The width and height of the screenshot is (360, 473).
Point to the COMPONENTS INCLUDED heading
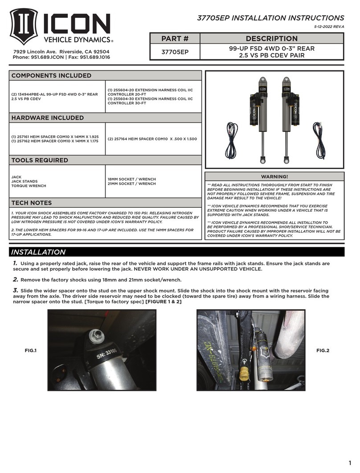51,76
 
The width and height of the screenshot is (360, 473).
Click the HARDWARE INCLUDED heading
47,118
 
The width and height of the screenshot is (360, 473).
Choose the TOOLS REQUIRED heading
40,160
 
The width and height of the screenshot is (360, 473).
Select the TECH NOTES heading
31,203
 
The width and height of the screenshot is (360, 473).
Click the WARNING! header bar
274,177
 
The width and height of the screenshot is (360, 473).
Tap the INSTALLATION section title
38,252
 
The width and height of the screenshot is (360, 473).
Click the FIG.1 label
30,351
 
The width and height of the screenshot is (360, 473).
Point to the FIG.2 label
322,351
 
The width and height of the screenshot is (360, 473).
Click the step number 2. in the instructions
15,280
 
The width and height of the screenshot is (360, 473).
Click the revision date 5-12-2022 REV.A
327,27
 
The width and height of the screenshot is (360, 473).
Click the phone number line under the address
61,57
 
